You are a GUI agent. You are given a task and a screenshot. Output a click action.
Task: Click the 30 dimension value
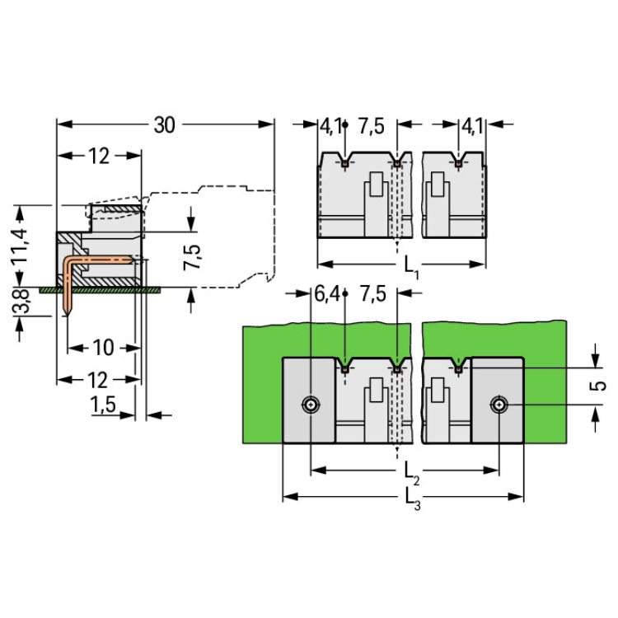pos(164,124)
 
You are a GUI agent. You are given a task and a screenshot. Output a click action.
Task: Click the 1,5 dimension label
pos(103,405)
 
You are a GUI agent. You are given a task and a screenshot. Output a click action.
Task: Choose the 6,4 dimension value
pos(326,294)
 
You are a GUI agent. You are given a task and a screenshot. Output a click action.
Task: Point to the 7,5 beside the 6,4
pos(372,294)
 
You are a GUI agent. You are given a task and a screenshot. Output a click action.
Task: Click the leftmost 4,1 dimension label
pos(330,126)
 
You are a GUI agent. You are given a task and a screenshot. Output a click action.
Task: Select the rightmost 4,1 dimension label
pos(472,126)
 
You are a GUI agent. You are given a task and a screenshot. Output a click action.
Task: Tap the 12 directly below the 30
pos(99,157)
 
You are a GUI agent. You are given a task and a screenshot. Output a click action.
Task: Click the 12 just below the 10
pos(98,380)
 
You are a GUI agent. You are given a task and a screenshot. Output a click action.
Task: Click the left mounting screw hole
pos(310,405)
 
